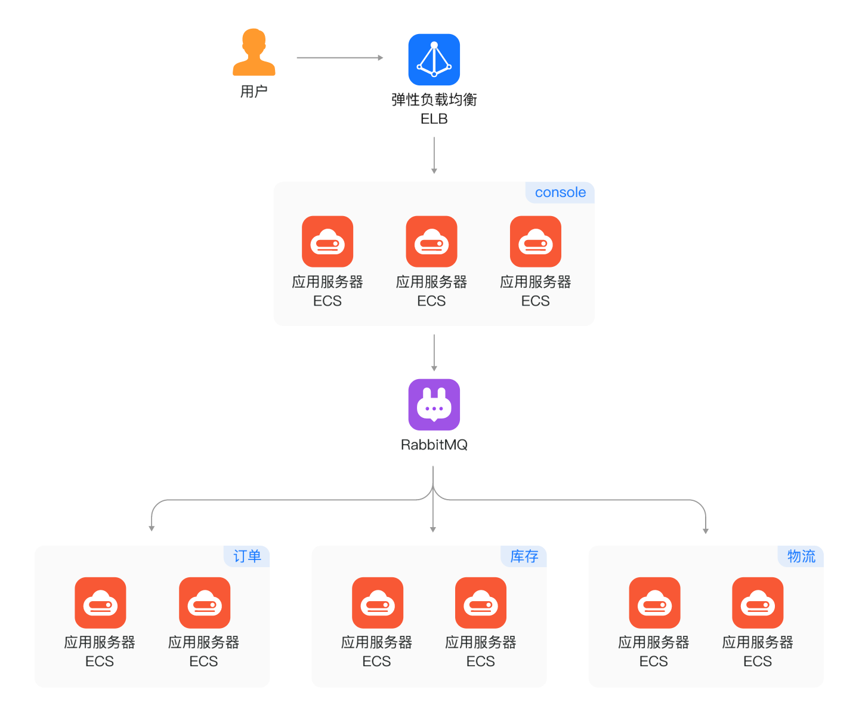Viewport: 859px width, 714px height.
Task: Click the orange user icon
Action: [x=254, y=53]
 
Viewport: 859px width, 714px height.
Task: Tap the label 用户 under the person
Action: [x=254, y=91]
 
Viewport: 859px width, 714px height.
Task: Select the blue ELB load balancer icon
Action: [x=434, y=60]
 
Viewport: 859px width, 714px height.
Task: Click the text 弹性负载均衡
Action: [x=434, y=100]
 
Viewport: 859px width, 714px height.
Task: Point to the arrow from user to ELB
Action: [x=339, y=58]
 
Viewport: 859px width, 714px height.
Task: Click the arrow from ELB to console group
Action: [x=434, y=155]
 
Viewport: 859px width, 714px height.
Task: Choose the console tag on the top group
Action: [x=560, y=192]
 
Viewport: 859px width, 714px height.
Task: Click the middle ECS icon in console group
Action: [x=431, y=241]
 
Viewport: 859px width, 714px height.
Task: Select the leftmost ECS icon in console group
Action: [x=327, y=241]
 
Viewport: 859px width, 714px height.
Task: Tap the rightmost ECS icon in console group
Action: [x=536, y=241]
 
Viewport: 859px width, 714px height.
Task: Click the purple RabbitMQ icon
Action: [x=434, y=405]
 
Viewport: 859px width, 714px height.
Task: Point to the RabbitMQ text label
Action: [x=434, y=445]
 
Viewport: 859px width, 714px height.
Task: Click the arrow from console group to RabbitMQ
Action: [x=434, y=352]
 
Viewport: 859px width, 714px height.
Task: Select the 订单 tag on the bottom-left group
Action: [x=248, y=556]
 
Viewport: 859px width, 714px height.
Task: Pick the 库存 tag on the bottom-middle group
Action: [x=524, y=556]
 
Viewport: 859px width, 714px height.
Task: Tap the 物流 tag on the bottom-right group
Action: [x=801, y=556]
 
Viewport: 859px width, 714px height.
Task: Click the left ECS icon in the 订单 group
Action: [x=100, y=603]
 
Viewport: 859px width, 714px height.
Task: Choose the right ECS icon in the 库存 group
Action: [x=481, y=603]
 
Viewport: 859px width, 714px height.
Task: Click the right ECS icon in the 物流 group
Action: [x=758, y=603]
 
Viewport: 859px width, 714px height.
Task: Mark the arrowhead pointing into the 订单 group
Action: [x=152, y=528]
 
